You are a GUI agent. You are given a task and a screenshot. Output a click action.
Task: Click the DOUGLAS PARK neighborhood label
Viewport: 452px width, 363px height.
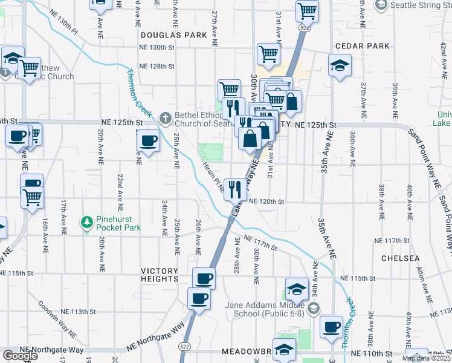point(173,36)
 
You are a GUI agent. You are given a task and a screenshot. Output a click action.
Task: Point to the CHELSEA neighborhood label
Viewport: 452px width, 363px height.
point(400,258)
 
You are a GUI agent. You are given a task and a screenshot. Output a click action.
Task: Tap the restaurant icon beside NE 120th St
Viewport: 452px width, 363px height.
point(234,188)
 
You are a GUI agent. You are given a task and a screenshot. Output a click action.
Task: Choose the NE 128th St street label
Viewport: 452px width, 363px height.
point(157,67)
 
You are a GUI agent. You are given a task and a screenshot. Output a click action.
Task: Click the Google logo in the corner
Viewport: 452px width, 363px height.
point(19,355)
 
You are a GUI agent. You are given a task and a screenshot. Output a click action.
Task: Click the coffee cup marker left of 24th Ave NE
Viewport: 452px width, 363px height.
point(148,142)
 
